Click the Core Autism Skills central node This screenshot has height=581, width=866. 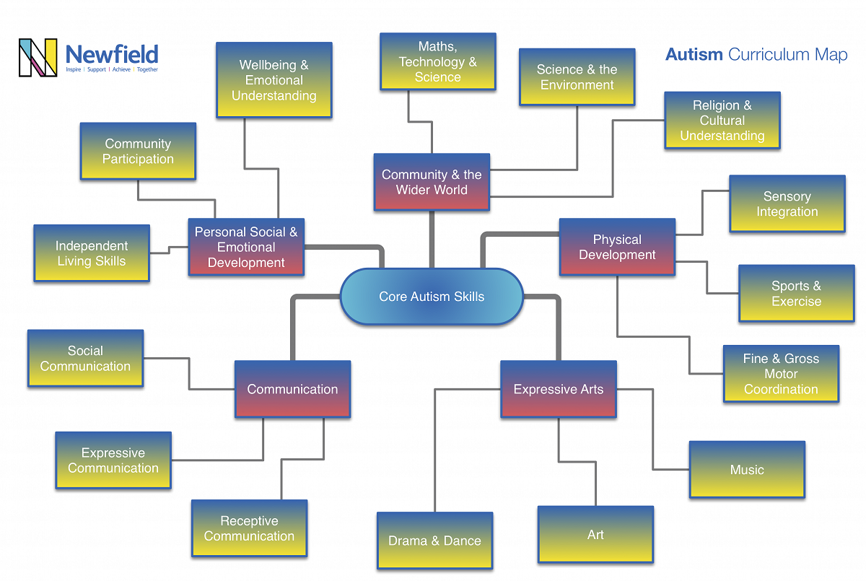point(432,297)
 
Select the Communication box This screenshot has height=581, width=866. point(292,389)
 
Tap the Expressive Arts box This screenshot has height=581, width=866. point(558,390)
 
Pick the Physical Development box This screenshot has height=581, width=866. point(617,247)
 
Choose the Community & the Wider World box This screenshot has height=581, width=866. point(432,182)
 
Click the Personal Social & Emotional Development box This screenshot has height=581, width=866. point(246,247)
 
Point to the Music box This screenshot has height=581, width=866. point(747,470)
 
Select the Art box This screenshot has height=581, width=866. point(595,535)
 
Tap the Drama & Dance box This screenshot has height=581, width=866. point(434,541)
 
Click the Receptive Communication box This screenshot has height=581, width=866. point(249,528)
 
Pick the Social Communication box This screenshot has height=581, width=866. point(85,359)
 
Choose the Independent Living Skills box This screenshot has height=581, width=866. point(92,253)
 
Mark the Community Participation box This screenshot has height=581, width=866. point(138,151)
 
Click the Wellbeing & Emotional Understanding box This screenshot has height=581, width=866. point(274,80)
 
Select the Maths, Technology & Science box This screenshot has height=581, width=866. point(437,61)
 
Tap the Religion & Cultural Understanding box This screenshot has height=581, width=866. point(722,121)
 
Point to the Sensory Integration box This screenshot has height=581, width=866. point(787,204)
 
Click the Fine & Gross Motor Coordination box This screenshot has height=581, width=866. point(781,373)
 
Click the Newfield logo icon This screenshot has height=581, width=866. point(38,58)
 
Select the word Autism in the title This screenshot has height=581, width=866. point(694,55)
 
